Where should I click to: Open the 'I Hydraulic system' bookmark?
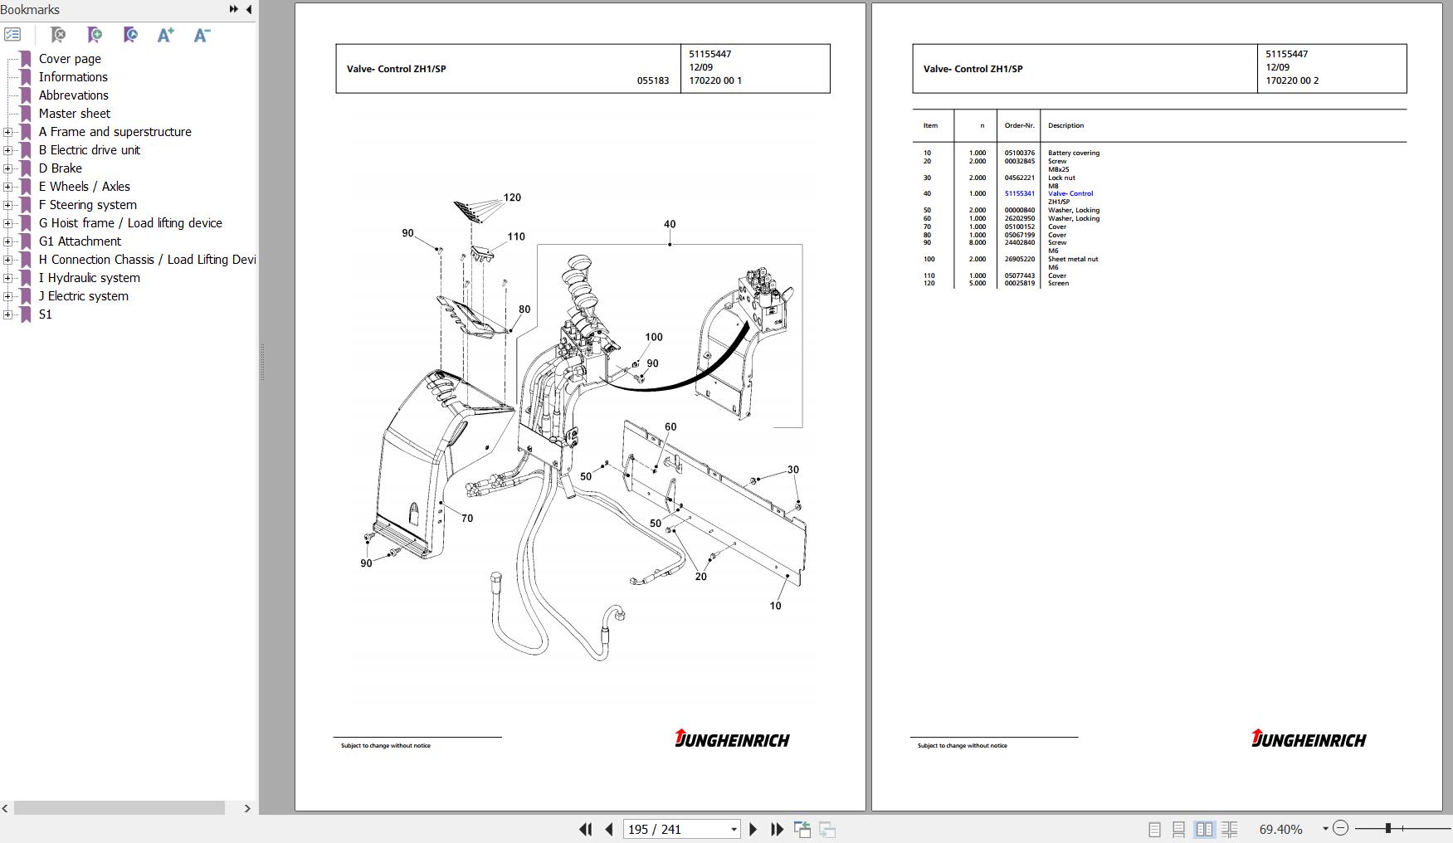[x=89, y=278]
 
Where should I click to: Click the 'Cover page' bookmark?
[x=70, y=59]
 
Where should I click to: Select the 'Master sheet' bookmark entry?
[x=74, y=114]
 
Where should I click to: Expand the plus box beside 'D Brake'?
[x=7, y=168]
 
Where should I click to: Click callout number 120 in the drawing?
[x=512, y=197]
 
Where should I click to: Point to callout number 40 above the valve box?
[x=670, y=224]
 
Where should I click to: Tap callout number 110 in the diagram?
[x=516, y=236]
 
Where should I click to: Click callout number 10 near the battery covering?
[x=775, y=606]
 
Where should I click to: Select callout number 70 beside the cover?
[x=467, y=519]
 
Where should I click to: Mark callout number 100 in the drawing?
[x=654, y=337]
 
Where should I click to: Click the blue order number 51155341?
[x=1019, y=194]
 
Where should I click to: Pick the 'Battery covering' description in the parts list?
[x=1073, y=153]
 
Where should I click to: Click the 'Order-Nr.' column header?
[x=1019, y=126]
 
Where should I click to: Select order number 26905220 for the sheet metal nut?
[x=1019, y=260]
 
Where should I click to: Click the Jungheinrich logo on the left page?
[x=732, y=738]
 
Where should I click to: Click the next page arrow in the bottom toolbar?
[x=753, y=829]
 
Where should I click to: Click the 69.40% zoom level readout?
[x=1280, y=829]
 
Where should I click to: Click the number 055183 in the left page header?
[x=652, y=81]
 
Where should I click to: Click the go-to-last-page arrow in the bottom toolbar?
[x=778, y=829]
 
